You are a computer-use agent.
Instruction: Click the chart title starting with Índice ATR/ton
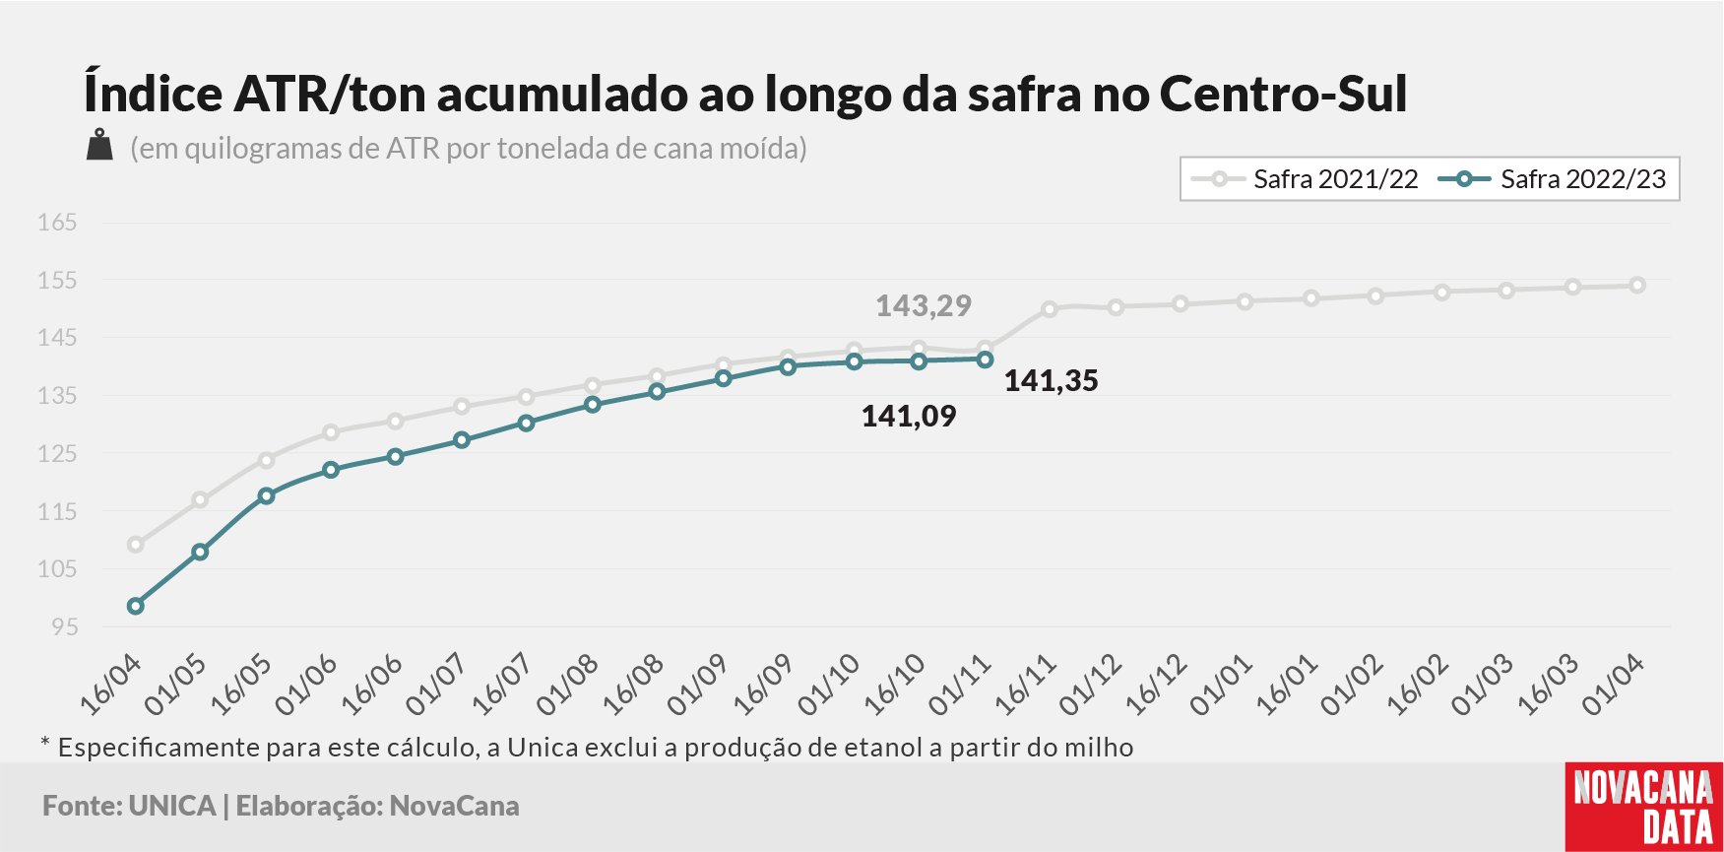click(x=745, y=95)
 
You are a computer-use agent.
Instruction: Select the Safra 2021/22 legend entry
click(x=1305, y=179)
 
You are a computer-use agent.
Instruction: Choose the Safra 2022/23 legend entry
click(x=1552, y=179)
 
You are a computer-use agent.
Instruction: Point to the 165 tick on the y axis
click(x=57, y=223)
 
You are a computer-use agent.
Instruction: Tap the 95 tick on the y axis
click(x=64, y=626)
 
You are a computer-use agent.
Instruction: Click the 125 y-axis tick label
click(x=57, y=454)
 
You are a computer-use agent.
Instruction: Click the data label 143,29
click(x=924, y=306)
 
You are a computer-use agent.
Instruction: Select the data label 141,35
click(x=1051, y=381)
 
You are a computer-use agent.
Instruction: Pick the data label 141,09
click(x=909, y=417)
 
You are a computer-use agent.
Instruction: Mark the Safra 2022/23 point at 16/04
click(x=136, y=606)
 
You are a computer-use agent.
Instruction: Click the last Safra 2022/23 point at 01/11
click(x=985, y=360)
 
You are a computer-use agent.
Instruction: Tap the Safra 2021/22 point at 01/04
click(x=1637, y=286)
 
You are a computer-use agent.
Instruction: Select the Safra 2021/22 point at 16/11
click(x=1050, y=309)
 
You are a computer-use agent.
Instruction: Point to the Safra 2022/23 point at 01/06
click(x=331, y=470)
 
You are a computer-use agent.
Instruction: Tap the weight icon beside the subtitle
click(x=99, y=145)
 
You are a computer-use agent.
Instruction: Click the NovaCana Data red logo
click(x=1644, y=807)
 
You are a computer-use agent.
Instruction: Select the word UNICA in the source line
click(x=172, y=806)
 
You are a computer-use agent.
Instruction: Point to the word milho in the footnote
click(x=1103, y=748)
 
